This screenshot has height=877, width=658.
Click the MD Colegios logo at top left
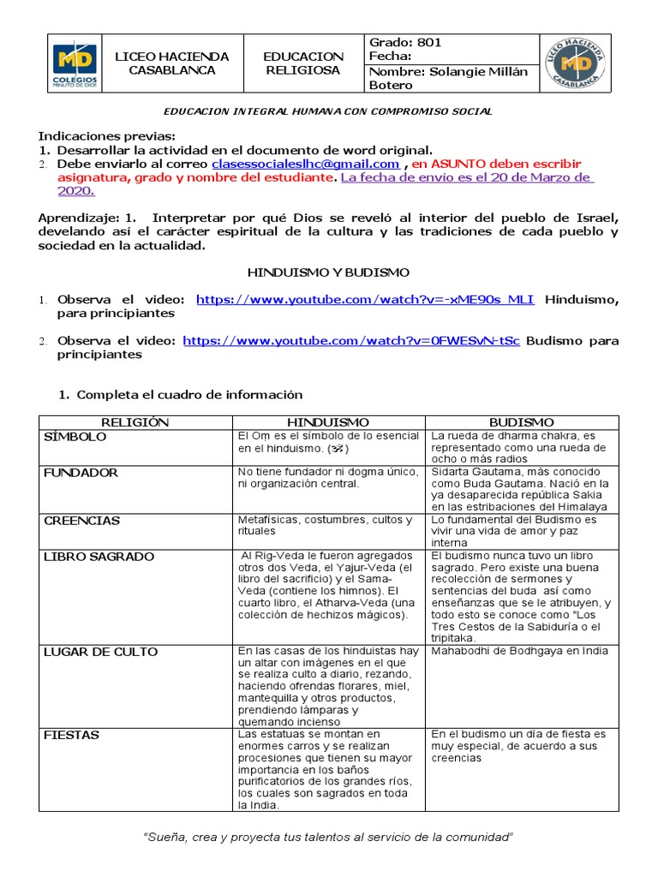pos(75,63)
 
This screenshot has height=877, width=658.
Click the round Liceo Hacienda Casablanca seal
pos(579,63)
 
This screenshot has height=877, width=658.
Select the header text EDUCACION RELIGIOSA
pos(303,63)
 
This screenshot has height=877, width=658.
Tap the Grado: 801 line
pos(405,42)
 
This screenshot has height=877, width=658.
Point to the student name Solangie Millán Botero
pos(448,78)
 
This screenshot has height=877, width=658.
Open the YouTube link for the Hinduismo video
pos(365,299)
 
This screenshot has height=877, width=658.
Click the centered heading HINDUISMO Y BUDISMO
pos(328,272)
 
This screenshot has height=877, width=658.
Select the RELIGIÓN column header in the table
pos(135,422)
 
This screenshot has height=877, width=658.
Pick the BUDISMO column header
pos(521,422)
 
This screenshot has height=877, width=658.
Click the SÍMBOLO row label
pos(75,437)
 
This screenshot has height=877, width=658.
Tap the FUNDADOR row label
pos(81,473)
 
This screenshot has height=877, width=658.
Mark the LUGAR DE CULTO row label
pos(100,652)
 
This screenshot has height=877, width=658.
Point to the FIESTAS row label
pos(71,735)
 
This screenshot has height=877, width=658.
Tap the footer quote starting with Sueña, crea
pos(328,836)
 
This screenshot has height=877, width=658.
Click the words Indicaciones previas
pos(106,136)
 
